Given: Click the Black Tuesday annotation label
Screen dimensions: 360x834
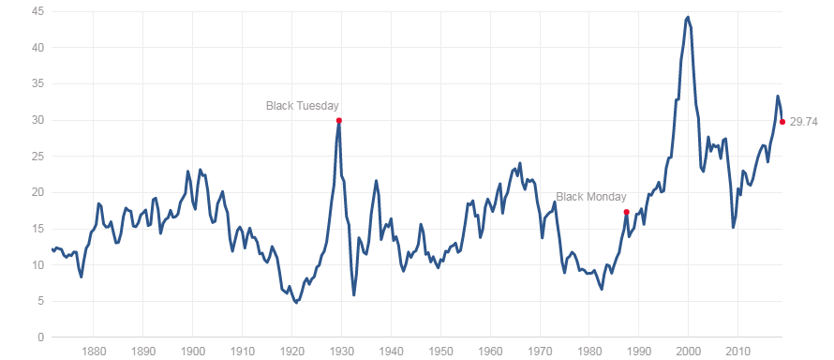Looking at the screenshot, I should coord(303,106).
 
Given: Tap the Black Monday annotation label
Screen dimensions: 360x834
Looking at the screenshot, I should coord(591,197).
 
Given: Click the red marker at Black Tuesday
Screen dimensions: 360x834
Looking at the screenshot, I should coord(338,120).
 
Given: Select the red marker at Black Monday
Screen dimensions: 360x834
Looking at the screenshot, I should coord(626,212).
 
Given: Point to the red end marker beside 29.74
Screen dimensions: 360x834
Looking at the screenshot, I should coord(782,122).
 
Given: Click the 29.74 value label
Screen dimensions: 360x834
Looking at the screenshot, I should coord(804,122).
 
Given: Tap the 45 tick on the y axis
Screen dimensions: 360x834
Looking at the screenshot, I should coord(38,11).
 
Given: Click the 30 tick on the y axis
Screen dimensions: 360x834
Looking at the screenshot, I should coord(38,120).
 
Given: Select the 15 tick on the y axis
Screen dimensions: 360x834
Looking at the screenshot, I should coord(38,229).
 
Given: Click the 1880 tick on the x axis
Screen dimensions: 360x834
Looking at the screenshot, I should coord(93,352).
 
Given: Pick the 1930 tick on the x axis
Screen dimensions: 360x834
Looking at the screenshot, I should coord(341,352).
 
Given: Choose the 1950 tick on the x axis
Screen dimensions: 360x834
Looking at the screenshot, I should coord(440,352).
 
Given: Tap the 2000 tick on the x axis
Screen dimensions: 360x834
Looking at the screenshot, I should coord(689,352).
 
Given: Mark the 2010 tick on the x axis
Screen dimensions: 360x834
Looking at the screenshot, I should coord(738,352).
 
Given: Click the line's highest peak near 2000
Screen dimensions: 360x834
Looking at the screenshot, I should coord(688,16).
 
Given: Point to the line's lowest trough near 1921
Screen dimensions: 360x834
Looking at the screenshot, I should coord(296,302).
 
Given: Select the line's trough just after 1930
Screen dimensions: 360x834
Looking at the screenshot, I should coord(354,294).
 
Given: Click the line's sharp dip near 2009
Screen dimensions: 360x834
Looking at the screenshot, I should coord(734,226).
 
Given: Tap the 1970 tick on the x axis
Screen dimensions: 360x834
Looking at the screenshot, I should coord(540,352).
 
